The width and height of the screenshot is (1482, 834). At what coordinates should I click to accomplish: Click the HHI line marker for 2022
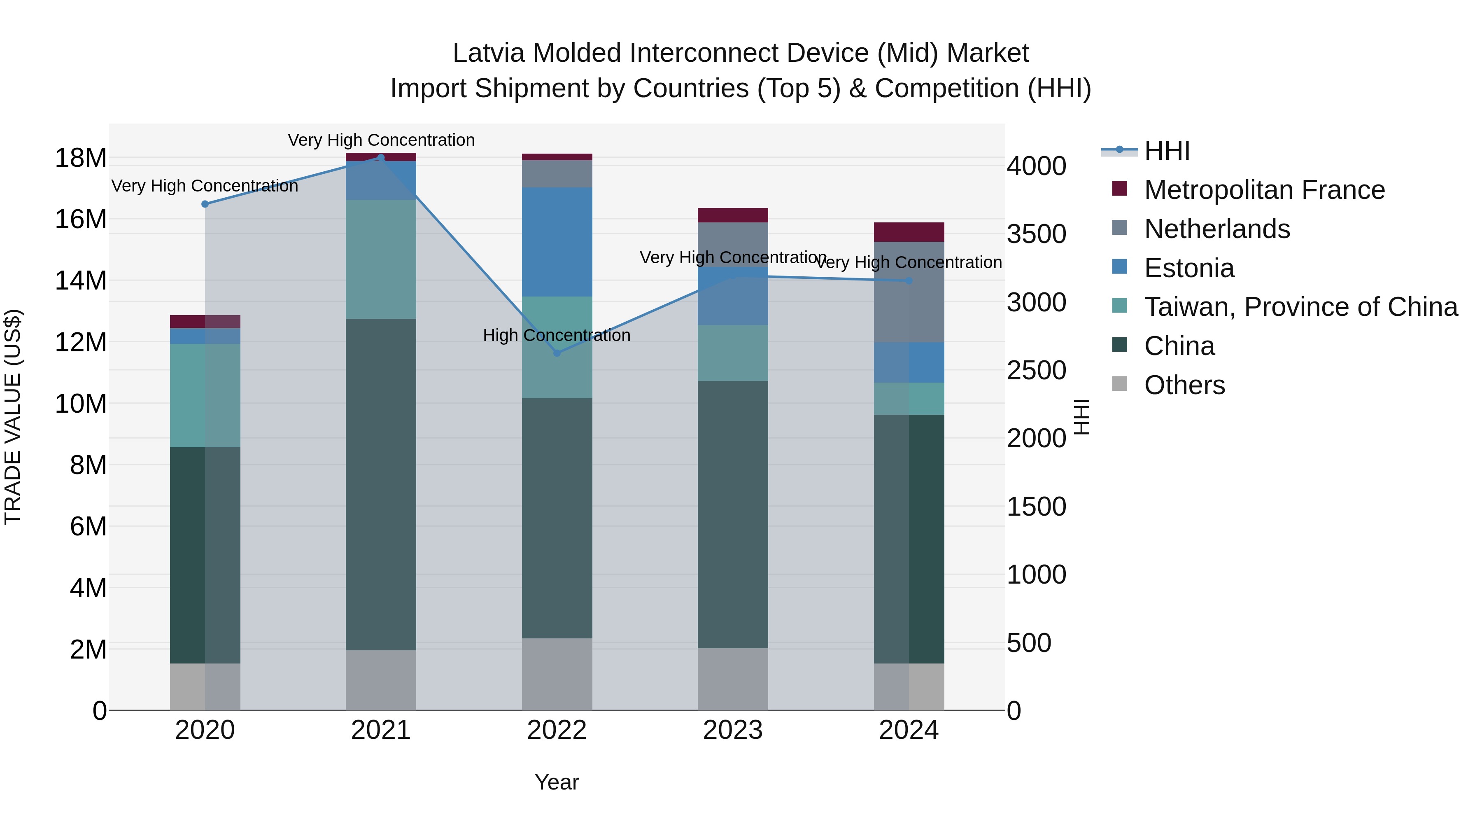coord(556,353)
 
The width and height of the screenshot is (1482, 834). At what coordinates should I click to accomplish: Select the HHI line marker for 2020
coord(205,204)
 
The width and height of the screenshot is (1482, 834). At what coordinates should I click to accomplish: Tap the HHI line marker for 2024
coord(909,281)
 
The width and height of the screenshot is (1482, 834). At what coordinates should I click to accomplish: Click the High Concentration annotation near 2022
coord(556,335)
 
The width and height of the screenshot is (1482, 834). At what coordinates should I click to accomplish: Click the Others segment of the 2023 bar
coord(732,679)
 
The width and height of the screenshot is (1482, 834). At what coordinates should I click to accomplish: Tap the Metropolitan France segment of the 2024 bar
coord(909,232)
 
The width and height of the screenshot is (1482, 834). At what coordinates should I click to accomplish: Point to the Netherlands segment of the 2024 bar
coord(909,292)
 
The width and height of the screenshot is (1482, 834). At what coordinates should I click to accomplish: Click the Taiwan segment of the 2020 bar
coord(205,395)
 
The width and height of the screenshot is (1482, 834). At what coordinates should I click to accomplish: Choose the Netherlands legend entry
coord(1217,229)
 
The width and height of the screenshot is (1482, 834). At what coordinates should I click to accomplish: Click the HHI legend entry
coord(1166,151)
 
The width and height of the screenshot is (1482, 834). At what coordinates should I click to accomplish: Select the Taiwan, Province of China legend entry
coord(1300,307)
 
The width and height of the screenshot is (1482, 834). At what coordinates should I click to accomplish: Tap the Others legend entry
coord(1184,385)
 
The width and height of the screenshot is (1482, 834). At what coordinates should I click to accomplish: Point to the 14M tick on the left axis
coord(81,281)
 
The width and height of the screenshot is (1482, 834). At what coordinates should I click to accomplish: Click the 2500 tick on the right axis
coord(1036,370)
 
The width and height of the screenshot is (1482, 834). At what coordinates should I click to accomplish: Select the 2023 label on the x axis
coord(732,730)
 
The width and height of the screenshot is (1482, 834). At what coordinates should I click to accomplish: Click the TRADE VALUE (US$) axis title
coord(13,417)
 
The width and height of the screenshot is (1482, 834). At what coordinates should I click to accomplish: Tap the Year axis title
coord(556,782)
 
